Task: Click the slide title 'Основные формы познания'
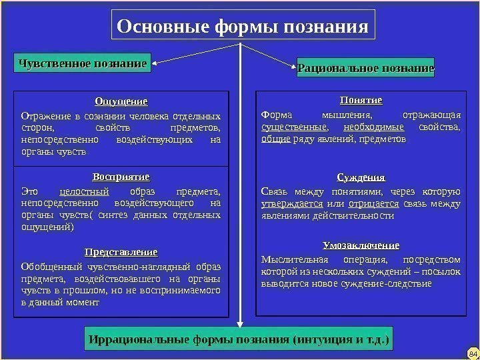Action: [x=242, y=27]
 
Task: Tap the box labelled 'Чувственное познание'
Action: [x=83, y=64]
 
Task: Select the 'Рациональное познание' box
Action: [x=365, y=68]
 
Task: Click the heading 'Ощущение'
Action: [x=121, y=101]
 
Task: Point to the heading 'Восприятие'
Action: [x=121, y=177]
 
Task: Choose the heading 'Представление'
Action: [x=121, y=253]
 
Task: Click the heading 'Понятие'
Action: [x=361, y=100]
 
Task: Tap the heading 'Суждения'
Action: [x=361, y=177]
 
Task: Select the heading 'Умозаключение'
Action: [x=361, y=245]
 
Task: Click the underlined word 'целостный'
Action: [x=84, y=191]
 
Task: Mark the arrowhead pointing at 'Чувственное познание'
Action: [x=157, y=64]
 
